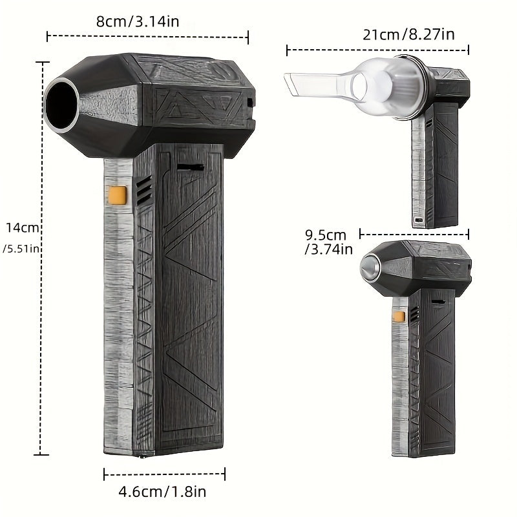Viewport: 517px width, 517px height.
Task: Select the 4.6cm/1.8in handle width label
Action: [x=163, y=492]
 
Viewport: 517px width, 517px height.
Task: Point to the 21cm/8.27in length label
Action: [x=408, y=34]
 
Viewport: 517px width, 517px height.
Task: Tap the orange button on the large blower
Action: [x=117, y=193]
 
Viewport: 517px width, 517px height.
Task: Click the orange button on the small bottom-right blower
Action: [x=399, y=316]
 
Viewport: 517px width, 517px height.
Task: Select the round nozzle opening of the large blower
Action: [x=62, y=104]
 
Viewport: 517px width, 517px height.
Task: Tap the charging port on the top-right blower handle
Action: [x=419, y=220]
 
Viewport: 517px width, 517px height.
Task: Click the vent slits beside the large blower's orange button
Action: [x=143, y=189]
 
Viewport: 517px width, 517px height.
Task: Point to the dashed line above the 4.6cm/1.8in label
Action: [x=164, y=475]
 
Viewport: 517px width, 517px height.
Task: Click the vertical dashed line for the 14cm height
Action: [x=43, y=258]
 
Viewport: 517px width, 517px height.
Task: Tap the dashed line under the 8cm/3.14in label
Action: [x=147, y=37]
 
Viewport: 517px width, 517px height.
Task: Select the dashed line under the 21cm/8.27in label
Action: [x=377, y=49]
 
